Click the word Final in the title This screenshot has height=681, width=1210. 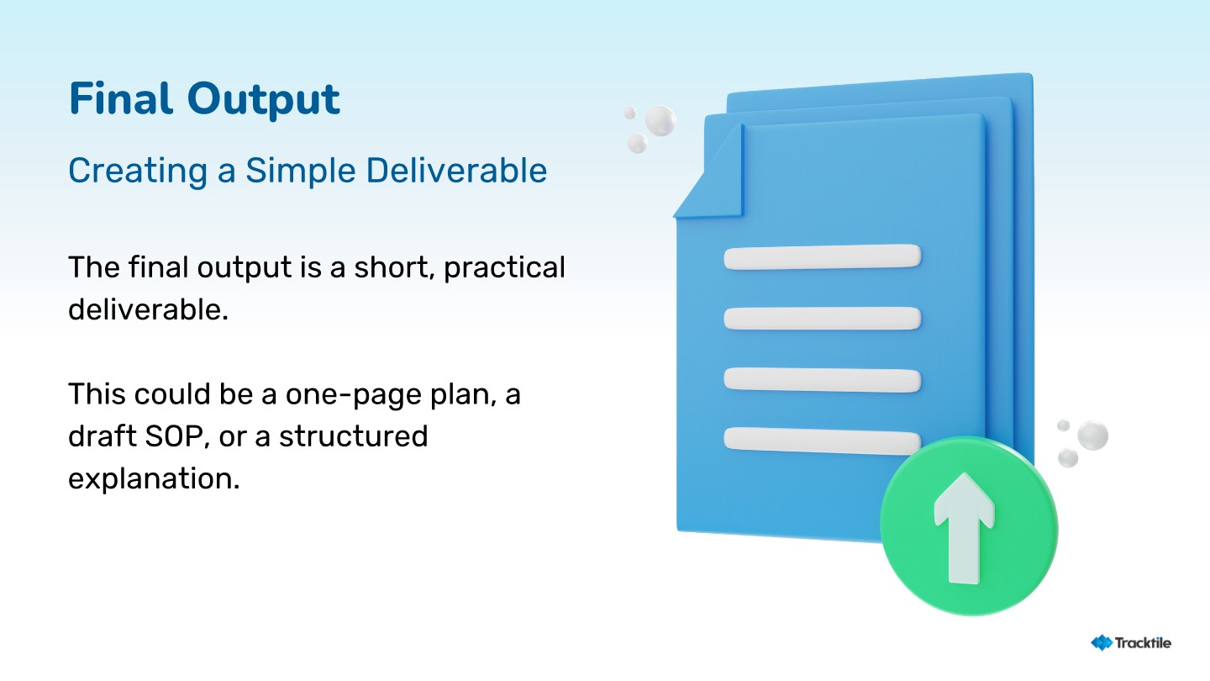tap(121, 98)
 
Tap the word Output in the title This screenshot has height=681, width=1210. tap(264, 100)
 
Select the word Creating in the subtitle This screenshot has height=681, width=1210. tap(138, 172)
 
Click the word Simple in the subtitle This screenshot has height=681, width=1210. tap(301, 172)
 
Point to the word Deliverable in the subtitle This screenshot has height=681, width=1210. tap(456, 170)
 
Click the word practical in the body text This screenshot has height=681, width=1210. tap(504, 268)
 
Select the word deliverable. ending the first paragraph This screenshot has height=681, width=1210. tap(148, 309)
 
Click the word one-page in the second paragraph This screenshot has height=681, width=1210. tap(353, 394)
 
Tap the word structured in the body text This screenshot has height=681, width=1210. tap(353, 436)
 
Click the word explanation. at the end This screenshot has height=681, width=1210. tap(154, 479)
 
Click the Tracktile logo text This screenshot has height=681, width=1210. tap(1143, 642)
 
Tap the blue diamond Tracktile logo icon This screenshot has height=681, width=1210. tap(1102, 642)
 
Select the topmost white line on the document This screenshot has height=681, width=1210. tap(823, 256)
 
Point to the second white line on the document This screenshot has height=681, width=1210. tap(823, 319)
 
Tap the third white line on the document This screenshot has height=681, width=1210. tap(823, 381)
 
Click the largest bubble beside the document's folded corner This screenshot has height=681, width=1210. tap(660, 120)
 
